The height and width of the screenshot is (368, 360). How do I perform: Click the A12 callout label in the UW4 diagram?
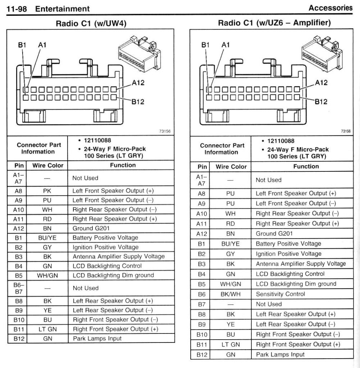click(138, 83)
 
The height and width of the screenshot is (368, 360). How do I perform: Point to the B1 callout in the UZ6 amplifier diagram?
click(205, 45)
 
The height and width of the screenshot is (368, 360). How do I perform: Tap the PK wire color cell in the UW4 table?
click(47, 190)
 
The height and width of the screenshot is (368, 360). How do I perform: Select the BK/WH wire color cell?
click(231, 294)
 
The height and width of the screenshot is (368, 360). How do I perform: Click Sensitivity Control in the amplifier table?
click(280, 294)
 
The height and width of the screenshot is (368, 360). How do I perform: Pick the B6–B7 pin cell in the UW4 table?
click(17, 288)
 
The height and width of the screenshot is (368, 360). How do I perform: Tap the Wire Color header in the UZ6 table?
click(231, 167)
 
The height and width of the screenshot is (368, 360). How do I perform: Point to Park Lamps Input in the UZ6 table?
click(280, 354)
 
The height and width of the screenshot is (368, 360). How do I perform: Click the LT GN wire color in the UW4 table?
click(47, 329)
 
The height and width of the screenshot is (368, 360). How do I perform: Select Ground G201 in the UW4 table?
click(91, 228)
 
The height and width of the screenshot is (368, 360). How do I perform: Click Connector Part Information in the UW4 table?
click(37, 148)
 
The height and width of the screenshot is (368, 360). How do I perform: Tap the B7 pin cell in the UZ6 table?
click(202, 304)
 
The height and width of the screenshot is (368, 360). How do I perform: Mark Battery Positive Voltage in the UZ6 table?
click(288, 244)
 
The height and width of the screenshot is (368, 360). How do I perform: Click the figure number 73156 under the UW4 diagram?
click(164, 131)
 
